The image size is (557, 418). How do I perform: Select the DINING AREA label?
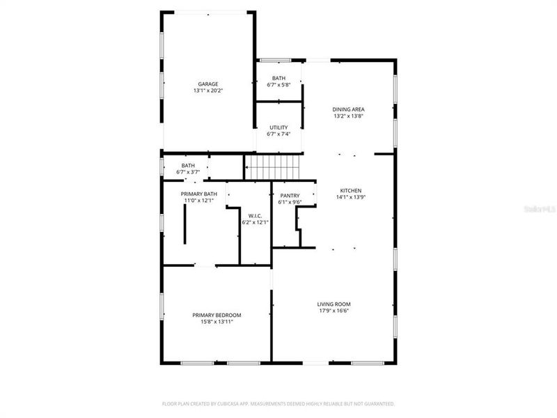(348, 109)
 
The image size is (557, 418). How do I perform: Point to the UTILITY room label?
(278, 127)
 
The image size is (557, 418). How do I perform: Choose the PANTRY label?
(290, 196)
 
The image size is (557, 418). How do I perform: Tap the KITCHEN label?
(351, 190)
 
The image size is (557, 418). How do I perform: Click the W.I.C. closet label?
(255, 216)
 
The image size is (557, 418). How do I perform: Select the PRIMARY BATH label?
(199, 194)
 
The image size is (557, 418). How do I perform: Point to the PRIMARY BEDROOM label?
(217, 315)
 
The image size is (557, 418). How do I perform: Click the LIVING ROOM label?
(334, 304)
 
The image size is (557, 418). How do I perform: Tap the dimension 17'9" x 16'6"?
(334, 311)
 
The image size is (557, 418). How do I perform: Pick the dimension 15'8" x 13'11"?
(217, 322)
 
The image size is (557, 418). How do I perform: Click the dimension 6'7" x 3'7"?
(188, 172)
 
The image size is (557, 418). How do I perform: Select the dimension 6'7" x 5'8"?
(278, 85)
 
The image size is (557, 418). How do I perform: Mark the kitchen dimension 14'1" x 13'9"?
(351, 197)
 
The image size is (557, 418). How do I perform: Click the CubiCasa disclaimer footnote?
(278, 403)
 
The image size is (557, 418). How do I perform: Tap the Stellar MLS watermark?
(542, 208)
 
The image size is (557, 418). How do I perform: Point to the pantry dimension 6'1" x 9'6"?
(290, 203)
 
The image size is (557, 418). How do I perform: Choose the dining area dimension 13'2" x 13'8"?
(348, 116)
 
